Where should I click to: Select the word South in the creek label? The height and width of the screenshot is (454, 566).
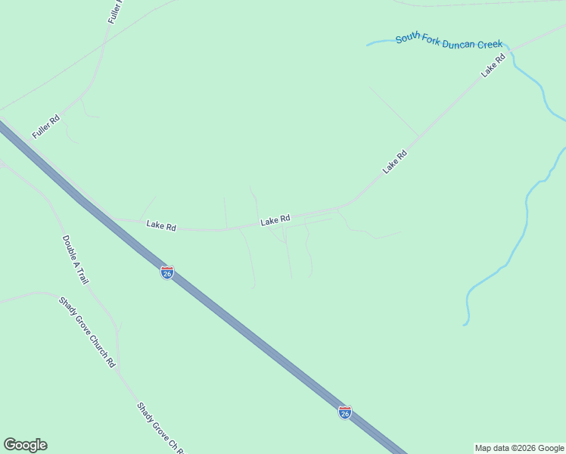point(408,39)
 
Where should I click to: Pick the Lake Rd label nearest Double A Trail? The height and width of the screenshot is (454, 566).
point(161,225)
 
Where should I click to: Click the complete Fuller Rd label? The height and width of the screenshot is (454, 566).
point(46,126)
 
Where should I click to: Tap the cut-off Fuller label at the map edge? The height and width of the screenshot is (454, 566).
point(116,11)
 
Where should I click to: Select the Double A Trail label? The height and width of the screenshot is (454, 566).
point(75,260)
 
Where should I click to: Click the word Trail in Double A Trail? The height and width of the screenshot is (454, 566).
point(82,275)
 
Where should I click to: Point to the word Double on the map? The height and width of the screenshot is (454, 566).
point(68,245)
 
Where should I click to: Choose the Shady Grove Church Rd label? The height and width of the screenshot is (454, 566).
point(87,331)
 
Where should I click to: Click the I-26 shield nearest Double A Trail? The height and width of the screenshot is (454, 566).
point(167,272)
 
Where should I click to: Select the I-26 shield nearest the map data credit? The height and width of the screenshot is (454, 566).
point(345,412)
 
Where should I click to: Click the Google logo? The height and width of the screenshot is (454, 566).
point(25,445)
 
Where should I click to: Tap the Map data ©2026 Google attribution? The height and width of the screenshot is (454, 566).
point(520,448)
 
